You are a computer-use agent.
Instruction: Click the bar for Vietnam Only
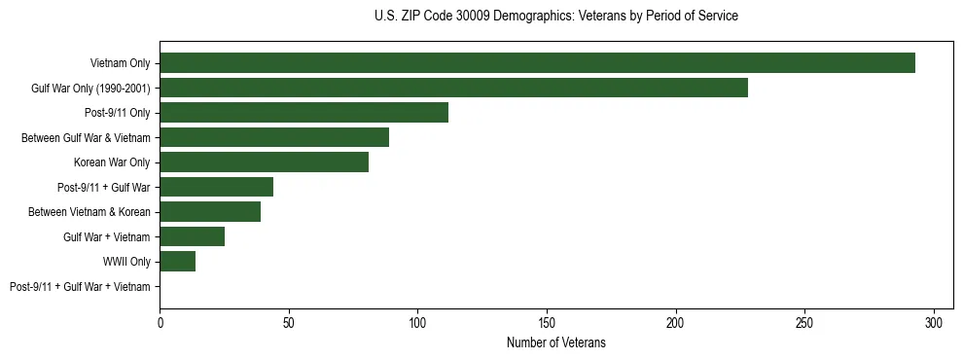[537, 63]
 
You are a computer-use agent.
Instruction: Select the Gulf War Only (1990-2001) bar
[453, 88]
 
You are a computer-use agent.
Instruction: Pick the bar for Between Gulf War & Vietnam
[274, 137]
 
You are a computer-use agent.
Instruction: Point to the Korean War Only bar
[264, 162]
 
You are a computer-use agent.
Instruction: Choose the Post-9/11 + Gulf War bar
[216, 187]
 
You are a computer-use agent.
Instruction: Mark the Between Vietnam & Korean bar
[210, 212]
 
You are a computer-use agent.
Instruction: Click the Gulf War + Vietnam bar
[192, 236]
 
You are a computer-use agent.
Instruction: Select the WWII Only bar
[177, 262]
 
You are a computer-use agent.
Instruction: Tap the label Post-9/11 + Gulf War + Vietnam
[80, 287]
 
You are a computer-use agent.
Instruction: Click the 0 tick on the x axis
[160, 322]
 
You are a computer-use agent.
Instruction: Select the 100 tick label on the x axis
[417, 322]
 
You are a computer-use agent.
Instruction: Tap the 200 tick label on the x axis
[676, 322]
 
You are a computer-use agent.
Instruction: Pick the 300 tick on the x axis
[934, 322]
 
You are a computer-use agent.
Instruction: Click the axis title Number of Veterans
[555, 342]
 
